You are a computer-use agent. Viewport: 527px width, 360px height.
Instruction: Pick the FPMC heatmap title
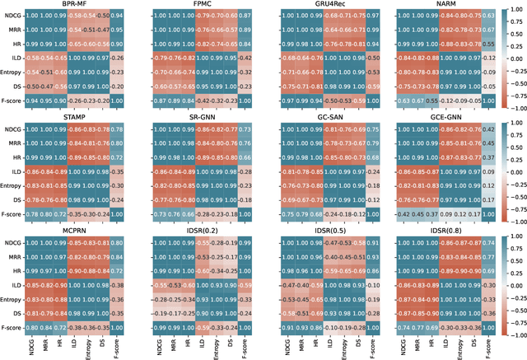point(198,4)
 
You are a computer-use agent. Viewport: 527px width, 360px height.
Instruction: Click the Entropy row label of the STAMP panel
point(22,186)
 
